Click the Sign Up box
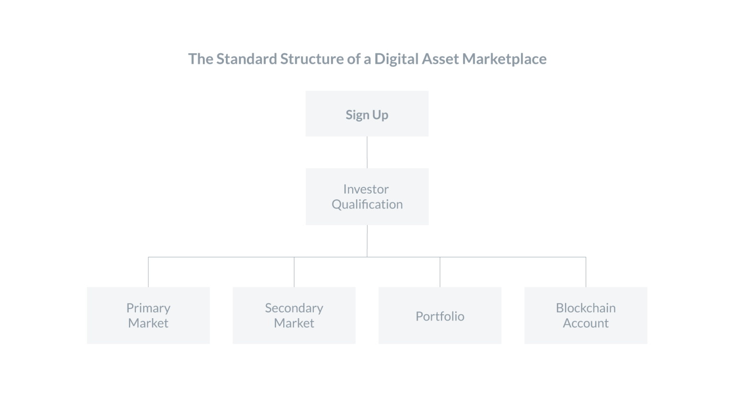pos(367,114)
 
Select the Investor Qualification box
pos(367,196)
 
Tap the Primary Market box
pos(148,315)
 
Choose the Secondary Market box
pos(294,315)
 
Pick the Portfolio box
pos(440,315)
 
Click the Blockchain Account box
pos(586,315)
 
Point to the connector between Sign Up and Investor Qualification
pos(367,152)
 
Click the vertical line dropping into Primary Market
pos(148,272)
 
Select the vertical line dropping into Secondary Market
pos(294,272)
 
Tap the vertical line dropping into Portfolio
pos(440,272)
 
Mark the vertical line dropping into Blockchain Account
pos(586,272)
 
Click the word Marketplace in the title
pos(504,59)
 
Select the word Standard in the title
pos(247,59)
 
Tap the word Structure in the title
pos(312,59)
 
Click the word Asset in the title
pos(440,59)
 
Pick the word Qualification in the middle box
pos(367,205)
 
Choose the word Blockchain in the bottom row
pos(586,308)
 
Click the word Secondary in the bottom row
pos(294,308)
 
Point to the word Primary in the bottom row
pos(148,309)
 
